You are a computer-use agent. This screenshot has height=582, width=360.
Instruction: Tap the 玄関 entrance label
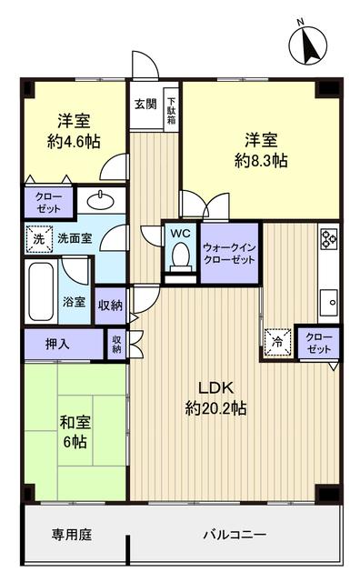tap(145, 105)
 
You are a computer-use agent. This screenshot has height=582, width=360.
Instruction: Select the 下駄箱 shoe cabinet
tap(171, 108)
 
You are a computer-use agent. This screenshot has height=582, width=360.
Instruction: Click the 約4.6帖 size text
tap(75, 142)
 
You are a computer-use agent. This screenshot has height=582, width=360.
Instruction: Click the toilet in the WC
tap(180, 255)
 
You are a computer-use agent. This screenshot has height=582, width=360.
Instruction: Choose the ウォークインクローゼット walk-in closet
tap(227, 253)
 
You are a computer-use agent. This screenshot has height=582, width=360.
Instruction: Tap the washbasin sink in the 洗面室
tap(96, 201)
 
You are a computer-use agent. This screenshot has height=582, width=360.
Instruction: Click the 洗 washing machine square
tap(38, 238)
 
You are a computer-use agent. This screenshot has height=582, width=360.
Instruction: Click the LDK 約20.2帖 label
tap(216, 397)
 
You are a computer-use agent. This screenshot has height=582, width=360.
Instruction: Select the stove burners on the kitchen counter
tap(328, 242)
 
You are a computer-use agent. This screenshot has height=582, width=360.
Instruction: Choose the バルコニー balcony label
tap(235, 534)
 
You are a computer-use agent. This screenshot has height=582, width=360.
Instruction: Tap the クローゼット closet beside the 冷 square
tap(318, 343)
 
